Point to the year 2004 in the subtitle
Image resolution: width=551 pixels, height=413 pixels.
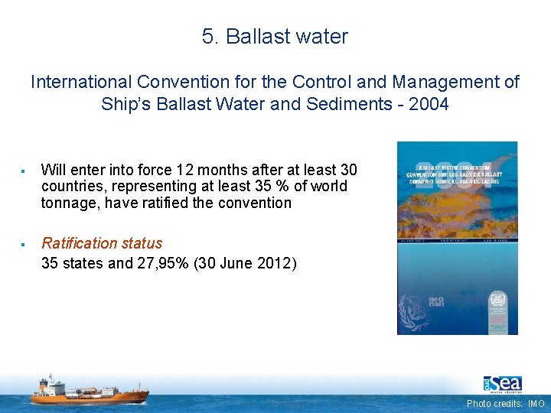tap(430, 104)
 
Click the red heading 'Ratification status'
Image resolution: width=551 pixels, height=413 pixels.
tap(102, 243)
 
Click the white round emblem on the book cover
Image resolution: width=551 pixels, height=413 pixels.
tap(498, 299)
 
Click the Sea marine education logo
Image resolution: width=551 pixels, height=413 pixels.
tap(502, 383)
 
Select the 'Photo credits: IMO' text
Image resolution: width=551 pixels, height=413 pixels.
tap(506, 403)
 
